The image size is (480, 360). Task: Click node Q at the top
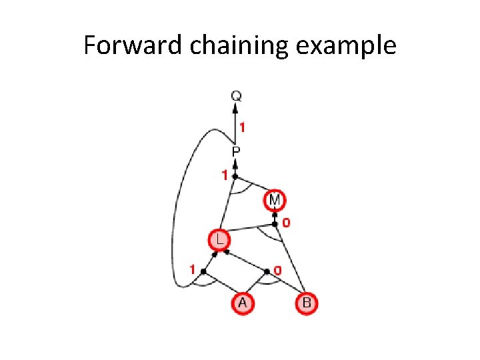pyautogui.click(x=235, y=96)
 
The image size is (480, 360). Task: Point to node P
pyautogui.click(x=235, y=152)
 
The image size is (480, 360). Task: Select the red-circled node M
pyautogui.click(x=275, y=199)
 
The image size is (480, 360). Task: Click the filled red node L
pyautogui.click(x=218, y=239)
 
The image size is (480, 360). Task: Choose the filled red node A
pyautogui.click(x=242, y=303)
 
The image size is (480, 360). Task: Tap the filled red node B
pyautogui.click(x=306, y=303)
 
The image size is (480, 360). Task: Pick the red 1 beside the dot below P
pyautogui.click(x=225, y=175)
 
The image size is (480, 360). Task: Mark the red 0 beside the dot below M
pyautogui.click(x=285, y=223)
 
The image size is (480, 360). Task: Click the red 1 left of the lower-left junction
pyautogui.click(x=192, y=269)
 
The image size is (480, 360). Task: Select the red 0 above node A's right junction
pyautogui.click(x=278, y=269)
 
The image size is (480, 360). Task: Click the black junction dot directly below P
pyautogui.click(x=235, y=176)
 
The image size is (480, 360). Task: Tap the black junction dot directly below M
pyautogui.click(x=275, y=224)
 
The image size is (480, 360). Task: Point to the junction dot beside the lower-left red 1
pyautogui.click(x=203, y=271)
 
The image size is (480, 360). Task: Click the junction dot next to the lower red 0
pyautogui.click(x=267, y=271)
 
